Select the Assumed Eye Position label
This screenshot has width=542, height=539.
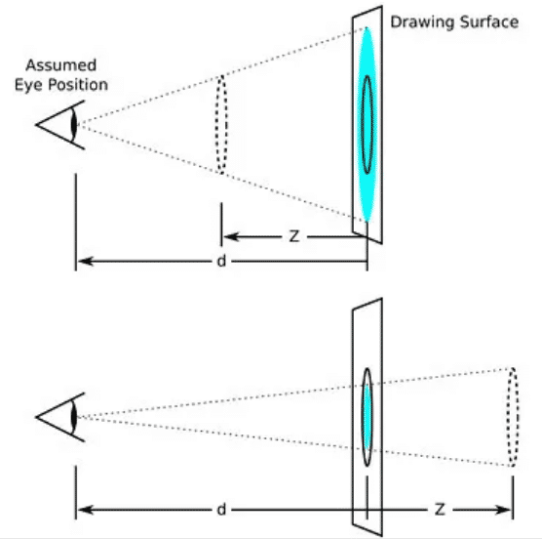click(x=65, y=76)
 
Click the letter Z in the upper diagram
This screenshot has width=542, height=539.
click(x=294, y=235)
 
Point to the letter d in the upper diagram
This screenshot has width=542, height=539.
click(x=223, y=262)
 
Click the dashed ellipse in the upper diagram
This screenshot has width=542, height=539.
click(x=221, y=124)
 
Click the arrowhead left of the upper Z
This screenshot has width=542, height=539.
click(x=227, y=235)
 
